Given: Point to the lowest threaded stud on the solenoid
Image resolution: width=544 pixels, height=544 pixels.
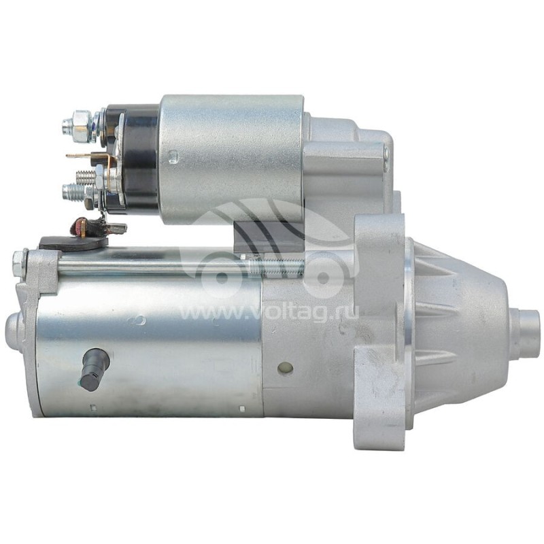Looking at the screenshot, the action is click(75, 192).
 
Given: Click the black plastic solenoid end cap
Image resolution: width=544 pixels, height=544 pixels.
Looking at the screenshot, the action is click(132, 158).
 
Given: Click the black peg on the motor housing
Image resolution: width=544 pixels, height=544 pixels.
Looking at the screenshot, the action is click(95, 369).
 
